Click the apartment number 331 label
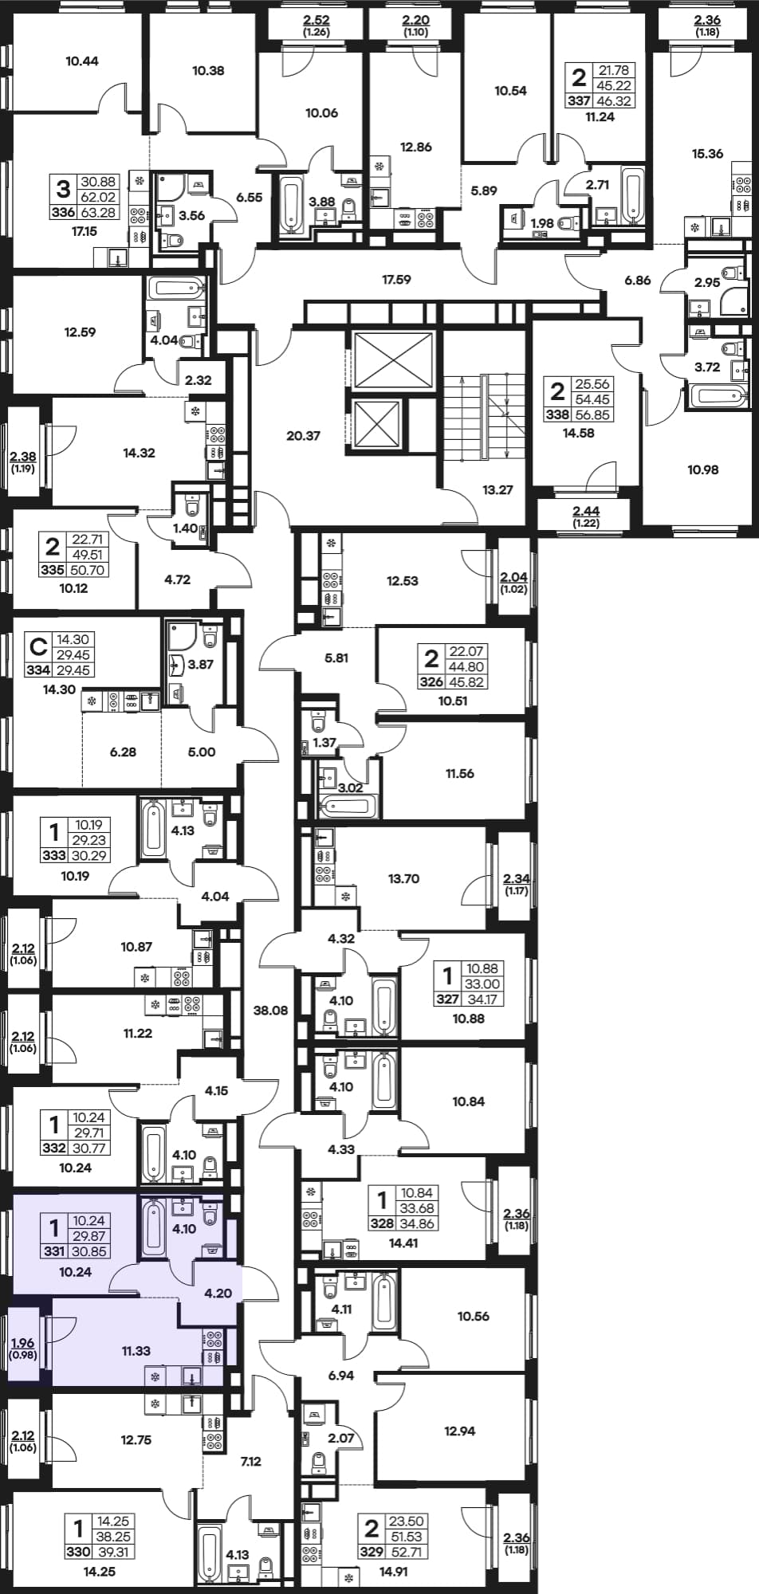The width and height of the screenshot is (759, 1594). (x=54, y=1251)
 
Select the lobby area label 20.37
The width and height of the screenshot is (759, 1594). (x=303, y=436)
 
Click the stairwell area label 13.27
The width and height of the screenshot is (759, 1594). (x=497, y=490)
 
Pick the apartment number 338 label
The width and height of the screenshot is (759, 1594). (x=557, y=414)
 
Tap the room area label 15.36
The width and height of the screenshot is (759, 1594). (x=707, y=154)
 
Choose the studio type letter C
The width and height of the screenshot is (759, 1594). (x=36, y=645)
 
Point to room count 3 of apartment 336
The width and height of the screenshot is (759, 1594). (x=62, y=189)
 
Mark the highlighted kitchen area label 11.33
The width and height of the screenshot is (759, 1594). (x=136, y=1351)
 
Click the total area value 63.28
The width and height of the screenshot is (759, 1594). (x=98, y=212)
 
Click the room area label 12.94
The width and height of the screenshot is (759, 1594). (x=460, y=1431)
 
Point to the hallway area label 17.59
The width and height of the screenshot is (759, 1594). (x=396, y=280)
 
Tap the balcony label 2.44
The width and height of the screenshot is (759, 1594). (x=587, y=511)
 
